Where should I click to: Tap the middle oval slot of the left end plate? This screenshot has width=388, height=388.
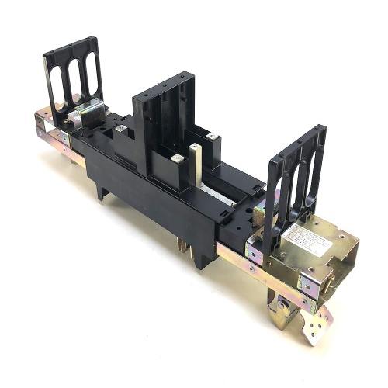76,78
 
